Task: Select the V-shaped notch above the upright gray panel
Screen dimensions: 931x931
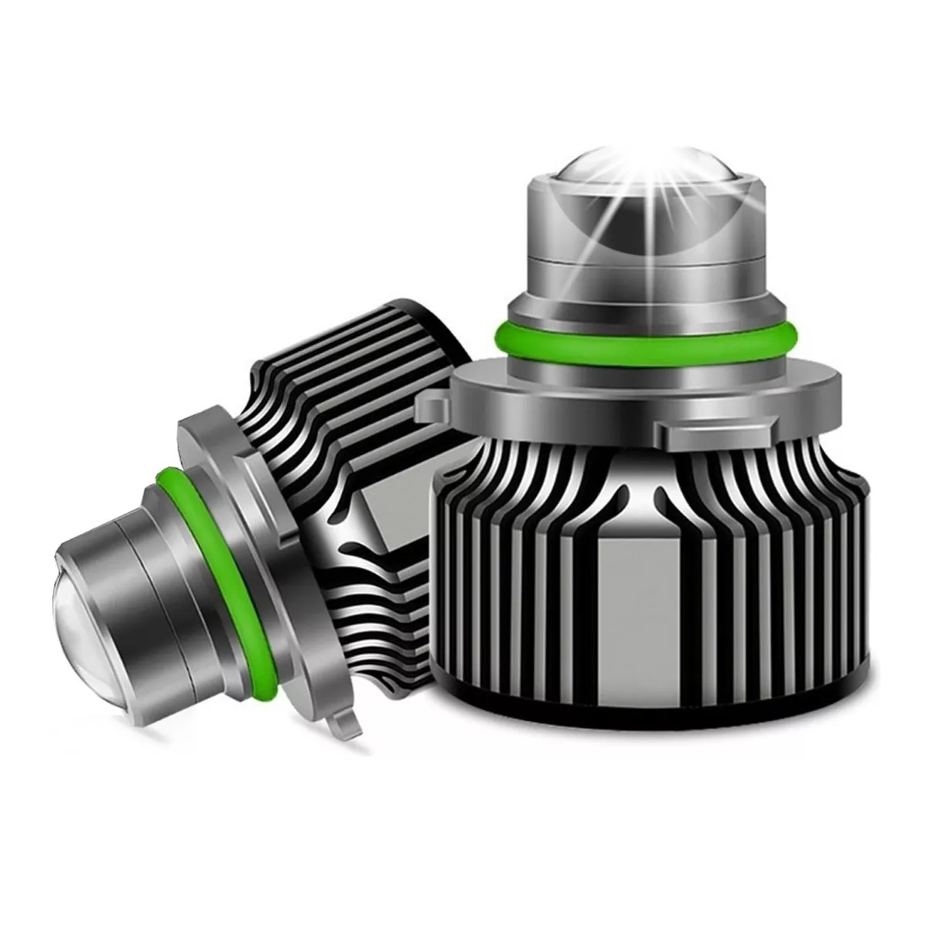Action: pos(636,489)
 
